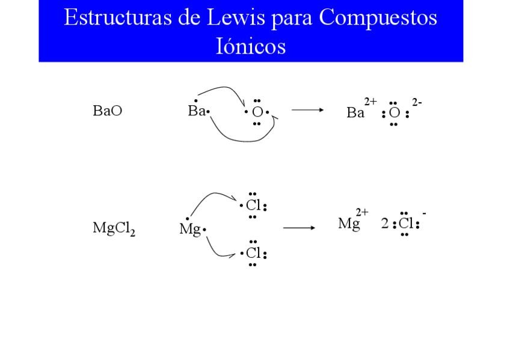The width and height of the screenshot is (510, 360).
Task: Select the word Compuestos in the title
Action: [378, 18]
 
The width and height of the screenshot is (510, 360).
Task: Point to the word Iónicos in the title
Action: [250, 46]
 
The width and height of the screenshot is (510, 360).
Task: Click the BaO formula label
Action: [108, 111]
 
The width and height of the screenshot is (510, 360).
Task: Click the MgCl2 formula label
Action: [114, 228]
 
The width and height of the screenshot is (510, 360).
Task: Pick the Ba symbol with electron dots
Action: [197, 111]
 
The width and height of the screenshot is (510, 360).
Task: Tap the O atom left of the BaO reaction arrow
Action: [257, 112]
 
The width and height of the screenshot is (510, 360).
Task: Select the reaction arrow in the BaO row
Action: [307, 110]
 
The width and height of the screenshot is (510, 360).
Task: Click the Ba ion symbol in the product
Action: [355, 113]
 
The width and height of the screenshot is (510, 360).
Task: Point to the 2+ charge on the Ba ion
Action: [370, 102]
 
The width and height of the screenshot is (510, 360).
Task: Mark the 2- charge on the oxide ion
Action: [416, 102]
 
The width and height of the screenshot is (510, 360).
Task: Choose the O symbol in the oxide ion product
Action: [394, 113]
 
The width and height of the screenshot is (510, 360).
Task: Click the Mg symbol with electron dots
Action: [189, 229]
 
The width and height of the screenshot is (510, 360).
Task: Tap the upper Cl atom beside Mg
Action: [253, 206]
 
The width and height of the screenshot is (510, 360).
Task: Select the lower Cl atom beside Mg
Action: [253, 253]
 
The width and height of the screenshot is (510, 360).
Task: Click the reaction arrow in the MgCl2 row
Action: [299, 228]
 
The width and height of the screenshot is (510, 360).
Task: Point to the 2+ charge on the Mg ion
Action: [362, 212]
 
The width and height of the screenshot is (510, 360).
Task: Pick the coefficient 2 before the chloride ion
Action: [385, 224]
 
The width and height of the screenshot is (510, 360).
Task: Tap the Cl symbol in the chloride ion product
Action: [407, 224]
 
